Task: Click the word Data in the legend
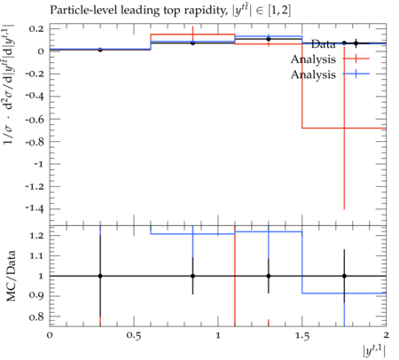pos(323,44)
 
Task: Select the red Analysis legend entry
pos(313,59)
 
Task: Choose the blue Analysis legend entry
pos(313,74)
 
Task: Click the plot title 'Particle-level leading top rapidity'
pos(138,11)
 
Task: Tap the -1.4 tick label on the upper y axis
pos(35,208)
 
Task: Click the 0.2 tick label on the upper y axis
pos(36,29)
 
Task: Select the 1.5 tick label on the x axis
pos(302,336)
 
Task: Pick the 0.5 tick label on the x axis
pos(134,336)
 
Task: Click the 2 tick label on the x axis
pos(386,335)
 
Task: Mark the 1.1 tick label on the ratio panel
pos(36,256)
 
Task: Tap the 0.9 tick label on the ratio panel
pos(36,296)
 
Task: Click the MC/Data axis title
pos(11,276)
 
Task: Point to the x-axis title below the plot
pos(374,352)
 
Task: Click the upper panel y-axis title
pos(9,84)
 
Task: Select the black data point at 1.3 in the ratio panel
pos(269,276)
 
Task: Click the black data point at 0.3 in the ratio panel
pos(100,276)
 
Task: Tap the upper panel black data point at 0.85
pos(192,43)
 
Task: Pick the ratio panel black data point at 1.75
pos(344,276)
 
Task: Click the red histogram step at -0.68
pos(344,128)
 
